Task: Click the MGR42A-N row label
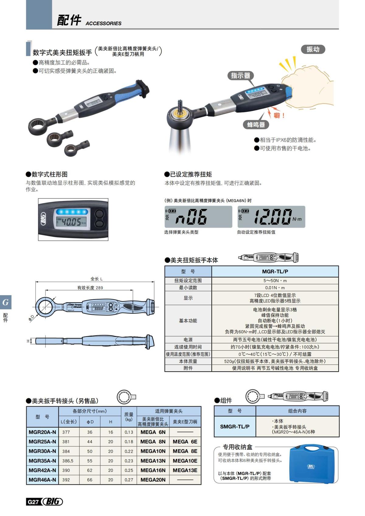[42, 470]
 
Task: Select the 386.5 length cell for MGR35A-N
[68, 461]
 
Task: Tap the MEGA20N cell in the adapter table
[153, 480]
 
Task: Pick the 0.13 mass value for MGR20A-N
[129, 432]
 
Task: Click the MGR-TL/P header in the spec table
[275, 272]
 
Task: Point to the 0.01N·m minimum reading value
[275, 288]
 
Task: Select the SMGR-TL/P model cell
[235, 426]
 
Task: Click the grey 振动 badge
[313, 49]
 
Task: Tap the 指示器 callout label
[240, 75]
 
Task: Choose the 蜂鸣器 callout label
[256, 124]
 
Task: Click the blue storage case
[313, 464]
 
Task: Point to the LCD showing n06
[198, 217]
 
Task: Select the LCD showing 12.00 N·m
[271, 217]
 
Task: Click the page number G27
[33, 502]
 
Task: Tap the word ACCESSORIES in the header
[103, 23]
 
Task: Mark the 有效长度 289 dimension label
[90, 288]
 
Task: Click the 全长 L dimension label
[96, 279]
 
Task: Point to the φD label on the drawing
[31, 318]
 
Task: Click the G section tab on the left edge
[5, 302]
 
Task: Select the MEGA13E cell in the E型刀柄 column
[185, 470]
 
